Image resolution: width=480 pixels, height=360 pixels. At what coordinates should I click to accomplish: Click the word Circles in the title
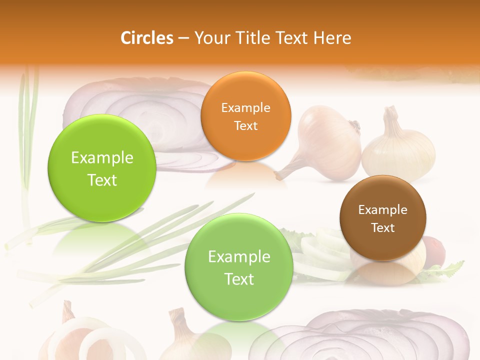pyautogui.click(x=146, y=38)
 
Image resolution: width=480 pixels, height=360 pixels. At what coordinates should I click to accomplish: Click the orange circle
pyautogui.click(x=245, y=116)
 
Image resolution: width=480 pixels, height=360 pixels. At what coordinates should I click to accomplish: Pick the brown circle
pyautogui.click(x=382, y=218)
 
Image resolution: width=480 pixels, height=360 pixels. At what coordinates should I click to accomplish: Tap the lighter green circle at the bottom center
pyautogui.click(x=238, y=267)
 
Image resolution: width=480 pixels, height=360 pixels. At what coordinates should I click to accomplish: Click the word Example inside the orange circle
pyautogui.click(x=245, y=107)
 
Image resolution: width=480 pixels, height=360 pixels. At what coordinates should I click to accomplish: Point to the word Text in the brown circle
pyautogui.click(x=383, y=228)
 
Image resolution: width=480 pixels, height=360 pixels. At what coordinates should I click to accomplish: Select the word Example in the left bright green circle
pyautogui.click(x=102, y=158)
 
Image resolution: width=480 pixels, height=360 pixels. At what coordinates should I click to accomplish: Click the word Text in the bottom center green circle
pyautogui.click(x=239, y=279)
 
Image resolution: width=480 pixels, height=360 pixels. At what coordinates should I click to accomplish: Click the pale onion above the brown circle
pyautogui.click(x=398, y=147)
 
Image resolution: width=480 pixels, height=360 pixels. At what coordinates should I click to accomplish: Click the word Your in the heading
pyautogui.click(x=210, y=38)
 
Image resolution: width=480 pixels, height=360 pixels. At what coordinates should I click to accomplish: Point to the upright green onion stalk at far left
pyautogui.click(x=28, y=125)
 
